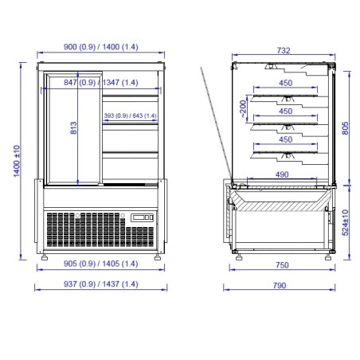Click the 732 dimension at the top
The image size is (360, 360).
point(284,50)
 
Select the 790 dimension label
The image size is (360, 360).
point(280,285)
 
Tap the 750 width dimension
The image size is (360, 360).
point(282,265)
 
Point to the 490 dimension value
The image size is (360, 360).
point(282,174)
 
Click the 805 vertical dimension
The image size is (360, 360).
point(345,128)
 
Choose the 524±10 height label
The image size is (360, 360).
point(345,222)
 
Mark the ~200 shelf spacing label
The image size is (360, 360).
point(243,108)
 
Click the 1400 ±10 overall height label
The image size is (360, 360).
point(17,161)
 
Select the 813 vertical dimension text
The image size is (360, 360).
point(73,127)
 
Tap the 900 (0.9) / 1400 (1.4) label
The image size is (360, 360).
point(101,47)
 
